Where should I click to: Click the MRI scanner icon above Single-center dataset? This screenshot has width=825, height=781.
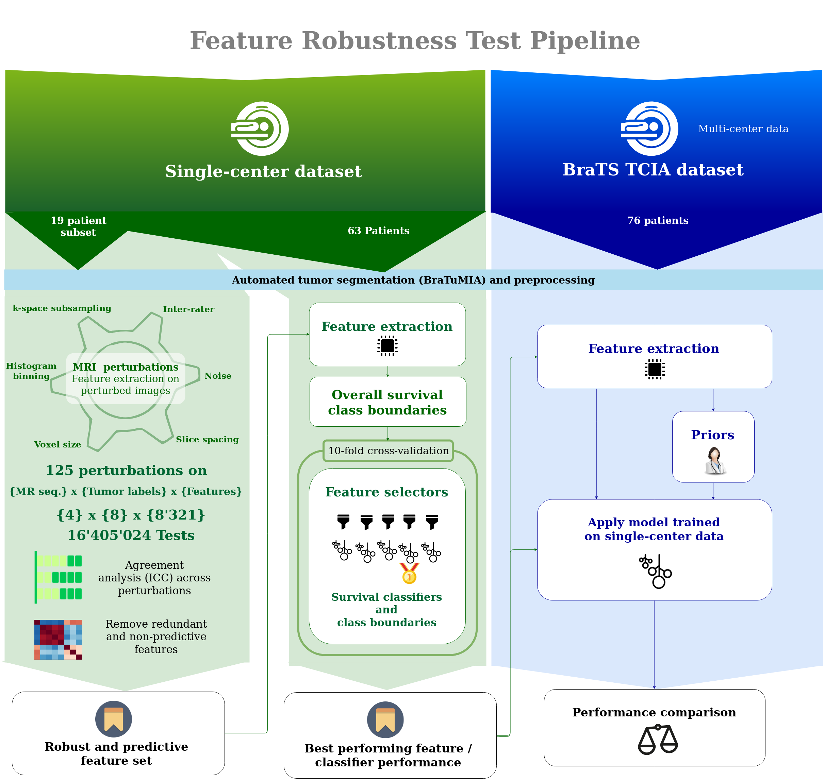pos(260,128)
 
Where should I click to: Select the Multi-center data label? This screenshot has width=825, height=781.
pos(743,129)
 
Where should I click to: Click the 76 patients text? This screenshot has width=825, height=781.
pos(658,220)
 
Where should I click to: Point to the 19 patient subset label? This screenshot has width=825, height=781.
pos(78,226)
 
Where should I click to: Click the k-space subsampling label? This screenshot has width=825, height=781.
pos(62,308)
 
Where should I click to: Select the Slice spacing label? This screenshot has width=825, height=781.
pos(207,439)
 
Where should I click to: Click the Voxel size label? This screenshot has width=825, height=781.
pos(57,444)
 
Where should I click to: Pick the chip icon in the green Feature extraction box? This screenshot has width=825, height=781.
pos(387,345)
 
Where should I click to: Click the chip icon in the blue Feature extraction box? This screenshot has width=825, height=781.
pos(654,369)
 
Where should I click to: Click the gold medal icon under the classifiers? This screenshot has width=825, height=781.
pos(409,573)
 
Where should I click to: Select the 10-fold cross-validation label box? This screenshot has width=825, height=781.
pos(388,451)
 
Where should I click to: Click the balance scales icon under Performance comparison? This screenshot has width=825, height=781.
pos(658,740)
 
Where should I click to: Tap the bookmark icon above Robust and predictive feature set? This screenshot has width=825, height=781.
pos(113,719)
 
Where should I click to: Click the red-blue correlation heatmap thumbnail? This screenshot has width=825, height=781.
pos(58,640)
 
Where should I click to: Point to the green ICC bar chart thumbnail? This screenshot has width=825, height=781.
pos(58,577)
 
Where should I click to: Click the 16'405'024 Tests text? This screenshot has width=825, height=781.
pos(131,535)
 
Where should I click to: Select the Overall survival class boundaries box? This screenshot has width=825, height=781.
pos(387,402)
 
